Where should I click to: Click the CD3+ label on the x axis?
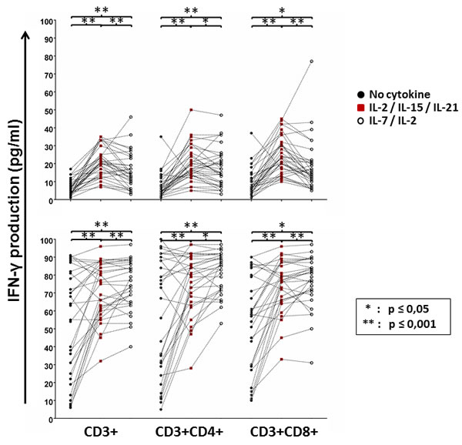click(x=101, y=432)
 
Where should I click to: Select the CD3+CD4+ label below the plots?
click(x=189, y=432)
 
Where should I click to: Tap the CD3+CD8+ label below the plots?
click(x=284, y=432)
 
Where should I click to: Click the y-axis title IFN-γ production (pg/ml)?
click(x=14, y=211)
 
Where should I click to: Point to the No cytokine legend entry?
click(x=393, y=95)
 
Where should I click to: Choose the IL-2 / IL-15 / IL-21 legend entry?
click(x=408, y=108)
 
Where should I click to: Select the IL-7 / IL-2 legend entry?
click(x=387, y=121)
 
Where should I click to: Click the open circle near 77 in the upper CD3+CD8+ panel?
click(x=311, y=62)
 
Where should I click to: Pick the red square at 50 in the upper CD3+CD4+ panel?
click(x=191, y=110)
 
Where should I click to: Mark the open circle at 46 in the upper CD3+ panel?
click(x=131, y=117)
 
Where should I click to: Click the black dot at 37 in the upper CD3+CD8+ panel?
click(x=251, y=133)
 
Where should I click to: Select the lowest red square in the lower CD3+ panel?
click(x=101, y=361)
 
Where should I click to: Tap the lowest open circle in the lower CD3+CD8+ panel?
click(x=311, y=363)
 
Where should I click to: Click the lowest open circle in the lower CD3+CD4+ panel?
click(x=221, y=323)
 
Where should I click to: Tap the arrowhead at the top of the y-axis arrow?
click(x=26, y=34)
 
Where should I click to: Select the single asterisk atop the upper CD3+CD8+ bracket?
click(x=282, y=11)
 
